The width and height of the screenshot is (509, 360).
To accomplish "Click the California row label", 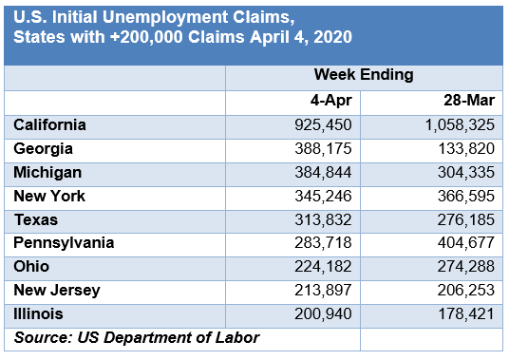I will pos(50,125).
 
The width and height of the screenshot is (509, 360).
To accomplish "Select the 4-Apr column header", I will pos(333,101).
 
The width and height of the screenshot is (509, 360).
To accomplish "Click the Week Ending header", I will pos(363,76).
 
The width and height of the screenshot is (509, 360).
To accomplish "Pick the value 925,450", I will pos(321,125).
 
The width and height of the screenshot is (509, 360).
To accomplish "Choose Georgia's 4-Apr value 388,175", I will pos(321,149).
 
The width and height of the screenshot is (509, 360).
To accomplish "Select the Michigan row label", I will pos(47,173).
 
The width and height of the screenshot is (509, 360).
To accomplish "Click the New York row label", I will pos(49,197).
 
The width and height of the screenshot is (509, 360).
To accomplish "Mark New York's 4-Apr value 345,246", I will pos(321,197).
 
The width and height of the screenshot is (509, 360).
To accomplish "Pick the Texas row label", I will pos(36,219).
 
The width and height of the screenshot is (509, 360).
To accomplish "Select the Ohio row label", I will pos(32,267).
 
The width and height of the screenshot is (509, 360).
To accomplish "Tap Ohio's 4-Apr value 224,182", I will pos(321,267).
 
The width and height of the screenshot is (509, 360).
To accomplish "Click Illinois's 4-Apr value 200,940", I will pos(321,313).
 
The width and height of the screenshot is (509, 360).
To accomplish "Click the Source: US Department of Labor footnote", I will pos(137,337).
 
